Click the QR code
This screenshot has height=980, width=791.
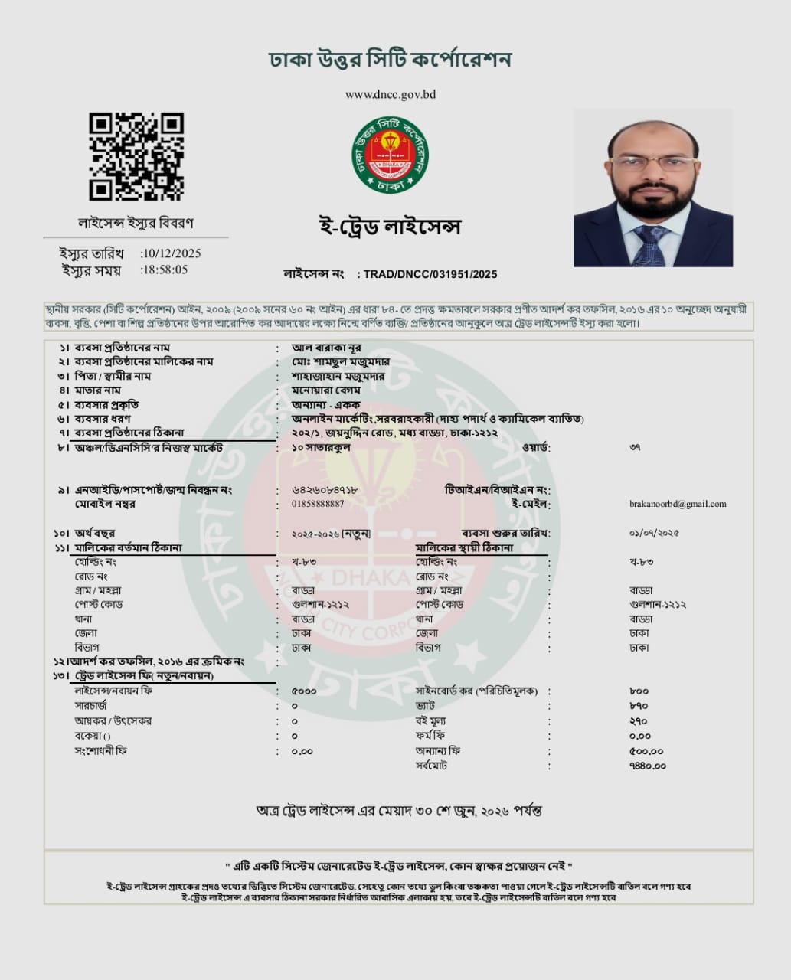click(x=136, y=157)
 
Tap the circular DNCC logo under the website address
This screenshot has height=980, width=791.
click(x=390, y=155)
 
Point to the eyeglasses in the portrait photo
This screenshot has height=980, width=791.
click(x=653, y=162)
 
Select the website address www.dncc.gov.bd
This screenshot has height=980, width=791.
click(x=390, y=95)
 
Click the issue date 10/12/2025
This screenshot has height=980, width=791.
click(x=172, y=253)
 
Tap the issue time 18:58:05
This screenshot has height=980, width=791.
click(x=165, y=269)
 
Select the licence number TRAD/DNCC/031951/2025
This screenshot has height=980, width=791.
click(x=430, y=274)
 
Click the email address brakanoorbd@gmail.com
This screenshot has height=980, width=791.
click(x=678, y=504)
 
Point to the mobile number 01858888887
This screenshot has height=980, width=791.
click(x=318, y=504)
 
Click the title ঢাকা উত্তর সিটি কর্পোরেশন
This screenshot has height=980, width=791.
click(x=390, y=60)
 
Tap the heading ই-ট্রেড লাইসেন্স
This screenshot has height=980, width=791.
click(x=390, y=227)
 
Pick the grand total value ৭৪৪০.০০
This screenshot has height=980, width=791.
click(x=647, y=766)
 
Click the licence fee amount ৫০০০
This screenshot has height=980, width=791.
click(x=304, y=691)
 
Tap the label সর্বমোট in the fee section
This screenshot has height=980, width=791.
click(x=431, y=766)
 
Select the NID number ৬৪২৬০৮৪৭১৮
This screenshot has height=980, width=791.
click(x=325, y=490)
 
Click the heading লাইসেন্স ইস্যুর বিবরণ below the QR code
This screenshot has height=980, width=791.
click(x=136, y=223)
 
